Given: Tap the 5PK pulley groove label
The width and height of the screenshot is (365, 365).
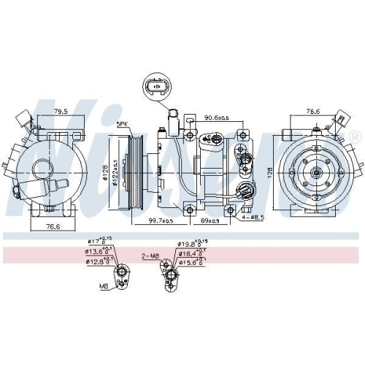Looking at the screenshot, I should pyautogui.click(x=122, y=126).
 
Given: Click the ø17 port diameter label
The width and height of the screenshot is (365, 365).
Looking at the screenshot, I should pyautogui.click(x=100, y=241).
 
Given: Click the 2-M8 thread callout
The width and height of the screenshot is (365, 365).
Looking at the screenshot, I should pyautogui.click(x=151, y=256).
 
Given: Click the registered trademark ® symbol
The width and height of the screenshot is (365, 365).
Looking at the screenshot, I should pyautogui.click(x=356, y=137).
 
